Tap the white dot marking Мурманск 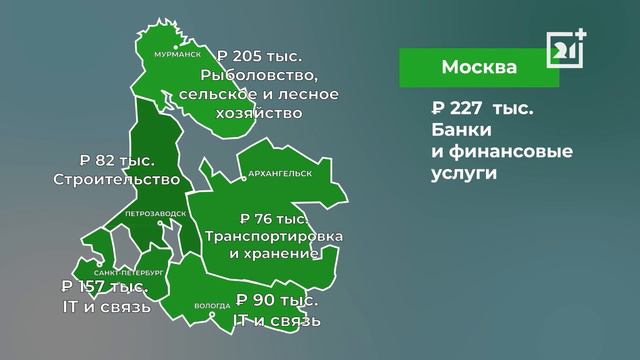click(175, 45)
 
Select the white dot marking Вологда click(212, 317)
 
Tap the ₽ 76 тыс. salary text click(274, 218)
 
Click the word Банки click(460, 132)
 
